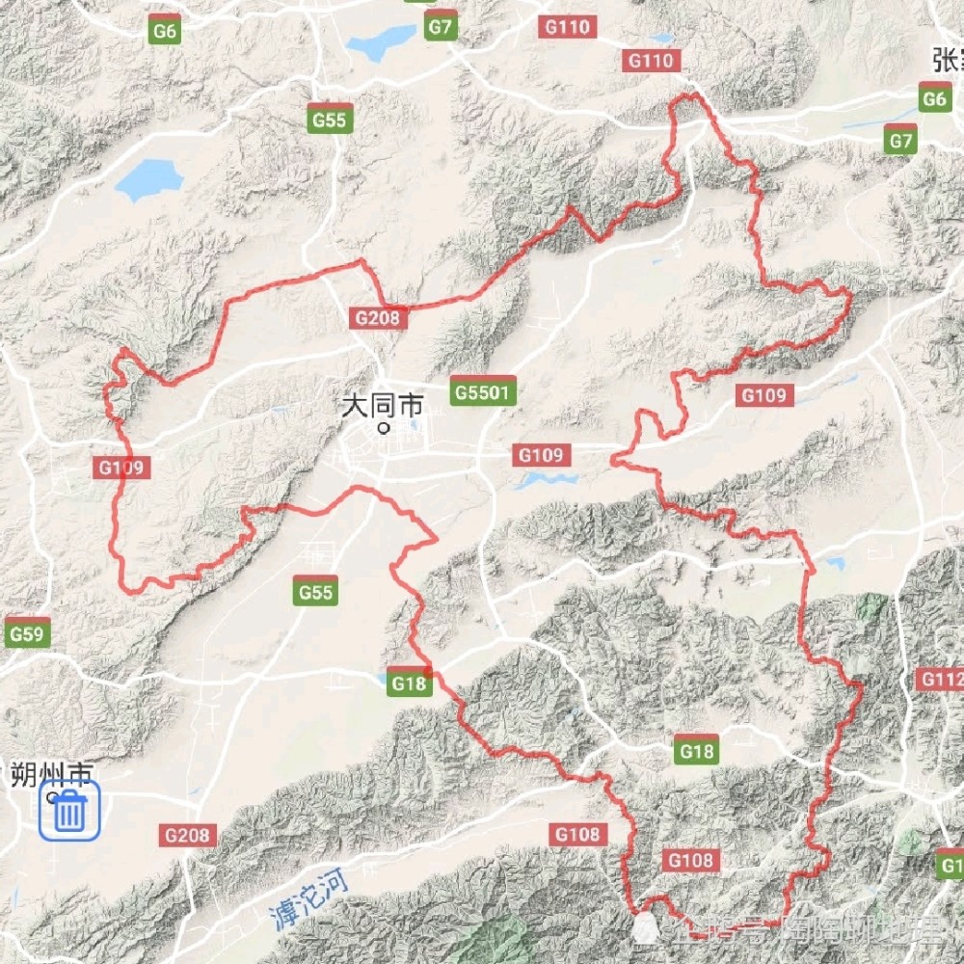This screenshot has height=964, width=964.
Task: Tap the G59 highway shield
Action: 27,634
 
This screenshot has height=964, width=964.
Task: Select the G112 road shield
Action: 941,680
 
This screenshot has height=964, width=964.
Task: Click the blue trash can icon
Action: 69,811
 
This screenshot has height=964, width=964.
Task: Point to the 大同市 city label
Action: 383,407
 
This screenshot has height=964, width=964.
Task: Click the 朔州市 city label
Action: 52,774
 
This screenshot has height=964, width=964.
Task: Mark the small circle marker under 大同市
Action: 385,428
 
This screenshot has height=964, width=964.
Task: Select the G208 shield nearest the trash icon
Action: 190,835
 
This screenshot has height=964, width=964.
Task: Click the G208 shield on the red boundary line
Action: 376,317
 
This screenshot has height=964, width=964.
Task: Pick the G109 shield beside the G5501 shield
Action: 543,455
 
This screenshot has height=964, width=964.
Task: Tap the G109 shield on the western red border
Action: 122,469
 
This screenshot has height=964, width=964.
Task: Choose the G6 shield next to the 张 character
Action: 934,99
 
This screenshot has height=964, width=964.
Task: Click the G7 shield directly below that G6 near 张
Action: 900,141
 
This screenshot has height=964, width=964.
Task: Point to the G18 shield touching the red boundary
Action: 409,683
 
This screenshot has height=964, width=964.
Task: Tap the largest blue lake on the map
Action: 148,179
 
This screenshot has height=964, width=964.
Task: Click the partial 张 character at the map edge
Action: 949,60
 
